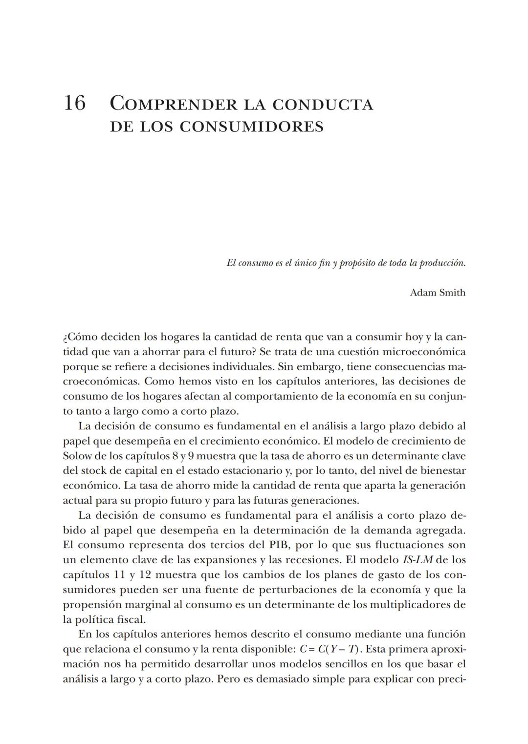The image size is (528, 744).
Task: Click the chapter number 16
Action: [x=74, y=104]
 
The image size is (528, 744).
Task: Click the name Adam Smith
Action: [x=437, y=293]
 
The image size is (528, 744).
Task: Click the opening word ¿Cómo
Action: [x=80, y=337]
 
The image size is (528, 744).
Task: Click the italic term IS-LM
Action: [x=418, y=560]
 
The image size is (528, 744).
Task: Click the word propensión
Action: [x=92, y=604]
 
